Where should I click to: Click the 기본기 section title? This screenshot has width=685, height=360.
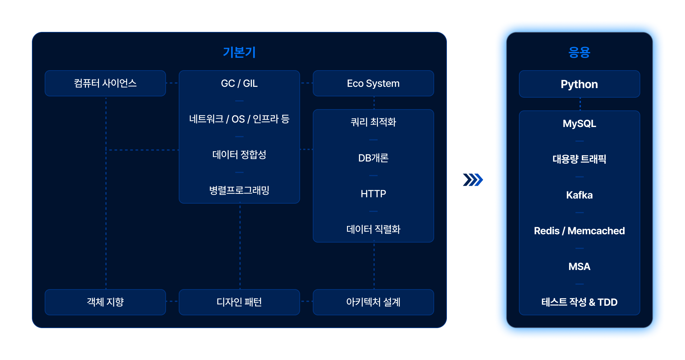click(x=239, y=52)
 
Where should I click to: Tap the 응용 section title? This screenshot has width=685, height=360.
click(x=579, y=52)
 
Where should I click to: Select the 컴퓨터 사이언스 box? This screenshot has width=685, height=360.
click(x=105, y=83)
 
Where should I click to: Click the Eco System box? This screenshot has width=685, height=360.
click(x=373, y=83)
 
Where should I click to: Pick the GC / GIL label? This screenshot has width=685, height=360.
click(x=239, y=83)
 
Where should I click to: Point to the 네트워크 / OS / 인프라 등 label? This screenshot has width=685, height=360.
click(x=239, y=119)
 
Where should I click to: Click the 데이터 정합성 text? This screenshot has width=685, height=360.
click(x=239, y=155)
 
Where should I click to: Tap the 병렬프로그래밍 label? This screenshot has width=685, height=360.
click(x=239, y=191)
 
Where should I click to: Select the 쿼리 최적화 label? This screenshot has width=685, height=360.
click(x=373, y=122)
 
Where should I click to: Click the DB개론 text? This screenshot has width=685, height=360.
click(x=373, y=158)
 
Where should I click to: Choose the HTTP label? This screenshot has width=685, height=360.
click(x=373, y=194)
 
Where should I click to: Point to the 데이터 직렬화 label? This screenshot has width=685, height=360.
click(x=373, y=229)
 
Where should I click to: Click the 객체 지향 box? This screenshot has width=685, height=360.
click(x=105, y=302)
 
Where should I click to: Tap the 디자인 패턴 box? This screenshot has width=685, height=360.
click(x=239, y=302)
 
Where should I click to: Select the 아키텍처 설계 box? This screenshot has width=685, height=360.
click(x=373, y=302)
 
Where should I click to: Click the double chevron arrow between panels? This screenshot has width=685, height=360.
click(x=474, y=184)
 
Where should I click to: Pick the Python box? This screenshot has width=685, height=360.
click(x=579, y=84)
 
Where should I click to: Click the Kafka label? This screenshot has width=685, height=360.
click(x=579, y=195)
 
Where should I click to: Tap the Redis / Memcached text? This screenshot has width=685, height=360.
click(x=579, y=231)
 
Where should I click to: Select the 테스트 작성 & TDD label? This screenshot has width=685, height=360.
click(x=579, y=302)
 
